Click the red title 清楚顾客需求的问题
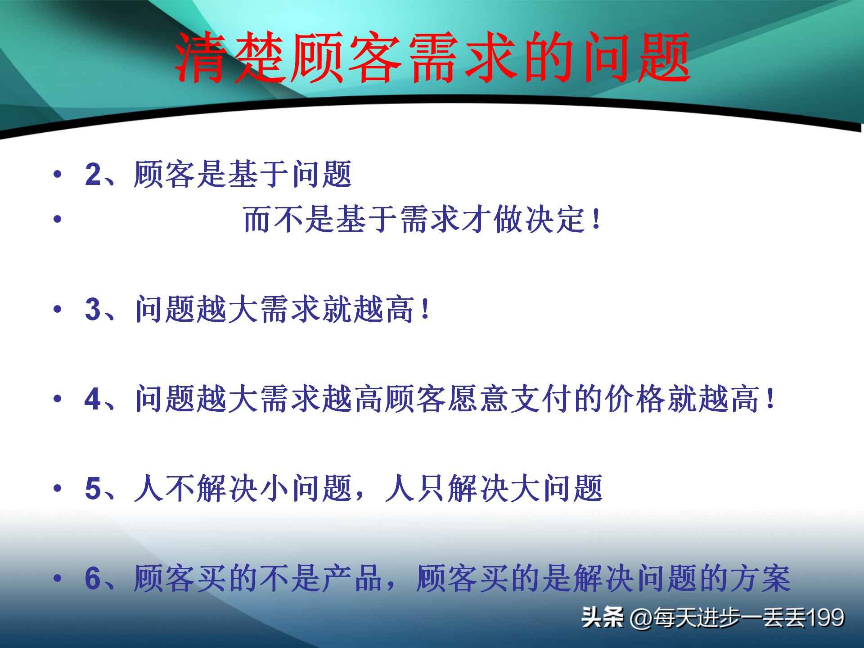(x=432, y=58)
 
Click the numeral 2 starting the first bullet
(x=93, y=175)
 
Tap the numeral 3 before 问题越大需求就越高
(x=93, y=310)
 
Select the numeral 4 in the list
(x=93, y=400)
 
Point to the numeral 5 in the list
(x=93, y=489)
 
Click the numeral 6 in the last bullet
(x=93, y=579)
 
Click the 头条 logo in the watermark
(x=602, y=617)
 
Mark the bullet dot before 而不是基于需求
(x=57, y=220)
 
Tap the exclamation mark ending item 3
(x=425, y=310)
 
